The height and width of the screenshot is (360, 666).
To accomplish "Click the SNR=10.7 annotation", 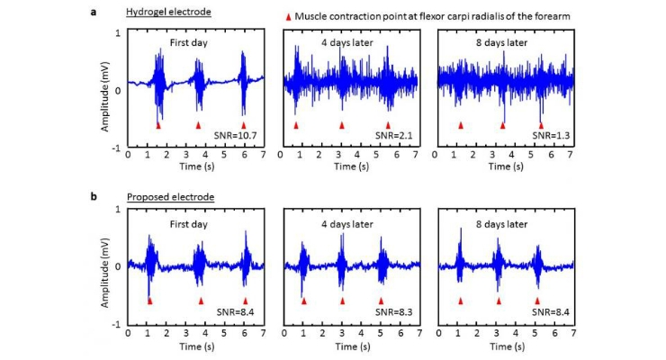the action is (236, 136).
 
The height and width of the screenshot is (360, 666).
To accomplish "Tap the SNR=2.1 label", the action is (393, 136).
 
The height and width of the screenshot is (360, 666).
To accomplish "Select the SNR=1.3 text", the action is (551, 136).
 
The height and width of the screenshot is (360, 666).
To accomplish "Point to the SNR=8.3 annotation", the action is (393, 312).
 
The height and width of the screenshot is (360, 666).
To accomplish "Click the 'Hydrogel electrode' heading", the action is (168, 12).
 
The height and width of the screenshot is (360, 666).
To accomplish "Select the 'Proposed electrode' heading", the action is (171, 197).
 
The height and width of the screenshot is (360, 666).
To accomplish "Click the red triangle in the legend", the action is (288, 17).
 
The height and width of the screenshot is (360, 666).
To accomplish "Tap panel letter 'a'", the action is (94, 12).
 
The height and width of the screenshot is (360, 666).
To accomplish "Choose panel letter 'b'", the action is (94, 196).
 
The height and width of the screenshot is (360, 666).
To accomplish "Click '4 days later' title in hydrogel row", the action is (347, 43).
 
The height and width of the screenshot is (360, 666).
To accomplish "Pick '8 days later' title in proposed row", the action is (501, 224).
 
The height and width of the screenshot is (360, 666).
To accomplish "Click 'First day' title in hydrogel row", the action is (189, 43).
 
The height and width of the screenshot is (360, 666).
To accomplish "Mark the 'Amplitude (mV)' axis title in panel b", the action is (105, 273).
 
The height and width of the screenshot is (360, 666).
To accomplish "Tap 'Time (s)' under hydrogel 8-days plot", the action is (506, 166).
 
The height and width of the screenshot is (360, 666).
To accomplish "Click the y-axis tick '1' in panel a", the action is (118, 33).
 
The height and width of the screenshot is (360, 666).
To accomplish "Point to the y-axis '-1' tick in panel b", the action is (116, 324).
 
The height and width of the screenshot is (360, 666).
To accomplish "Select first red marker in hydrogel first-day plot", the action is (158, 126).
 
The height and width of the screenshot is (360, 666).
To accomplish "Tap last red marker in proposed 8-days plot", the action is (537, 301).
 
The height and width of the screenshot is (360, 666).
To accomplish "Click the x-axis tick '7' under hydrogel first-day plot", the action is (264, 155).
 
